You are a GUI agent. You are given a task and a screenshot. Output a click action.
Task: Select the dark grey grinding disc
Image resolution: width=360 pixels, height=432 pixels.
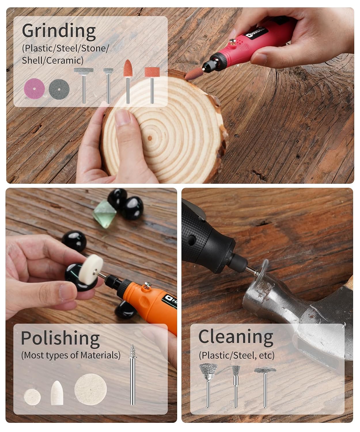pyautogui.click(x=59, y=89)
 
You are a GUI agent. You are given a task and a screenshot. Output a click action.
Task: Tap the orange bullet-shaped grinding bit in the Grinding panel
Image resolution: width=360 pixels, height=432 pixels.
pyautogui.click(x=128, y=82)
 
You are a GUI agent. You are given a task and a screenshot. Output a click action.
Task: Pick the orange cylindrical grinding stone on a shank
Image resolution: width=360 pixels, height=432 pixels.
pyautogui.click(x=152, y=85)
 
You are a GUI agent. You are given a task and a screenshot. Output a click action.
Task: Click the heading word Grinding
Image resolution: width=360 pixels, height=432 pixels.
pyautogui.click(x=59, y=31)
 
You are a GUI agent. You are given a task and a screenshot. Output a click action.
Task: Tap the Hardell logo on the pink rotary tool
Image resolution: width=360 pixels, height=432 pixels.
pyautogui.click(x=257, y=33)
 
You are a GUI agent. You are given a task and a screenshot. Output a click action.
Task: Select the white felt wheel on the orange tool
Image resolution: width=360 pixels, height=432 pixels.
pyautogui.click(x=91, y=269)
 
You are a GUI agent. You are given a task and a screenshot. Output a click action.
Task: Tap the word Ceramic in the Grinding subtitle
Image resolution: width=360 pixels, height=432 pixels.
pyautogui.click(x=65, y=60)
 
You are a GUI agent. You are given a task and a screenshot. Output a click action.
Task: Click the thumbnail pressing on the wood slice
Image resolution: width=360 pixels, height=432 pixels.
pyautogui.click(x=122, y=117)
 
